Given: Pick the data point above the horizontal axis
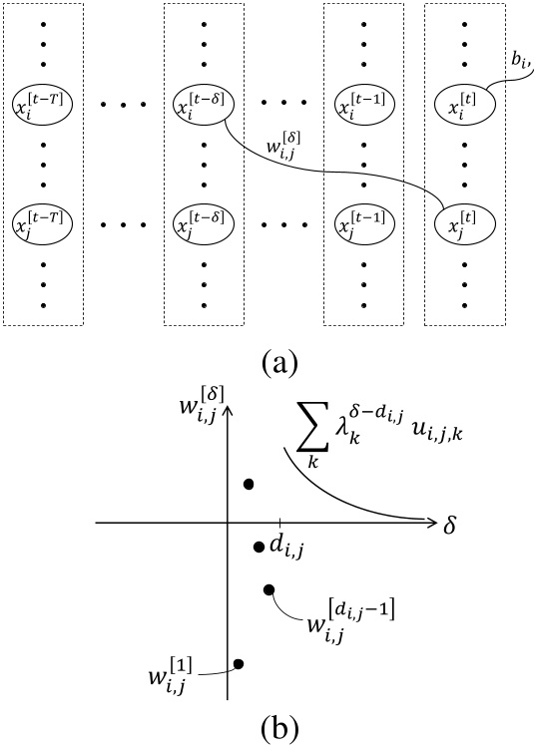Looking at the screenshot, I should point(249,485).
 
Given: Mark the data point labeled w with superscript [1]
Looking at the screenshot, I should point(239,663).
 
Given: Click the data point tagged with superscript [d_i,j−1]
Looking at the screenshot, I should point(268,589).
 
